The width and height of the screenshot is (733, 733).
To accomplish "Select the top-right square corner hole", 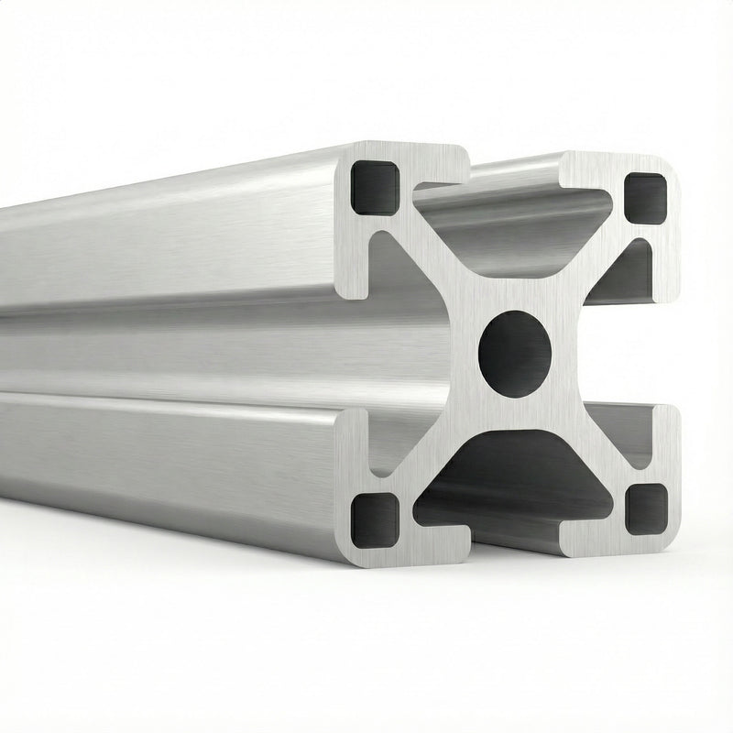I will [646, 197].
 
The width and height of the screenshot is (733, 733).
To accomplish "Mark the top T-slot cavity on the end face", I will [513, 220].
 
